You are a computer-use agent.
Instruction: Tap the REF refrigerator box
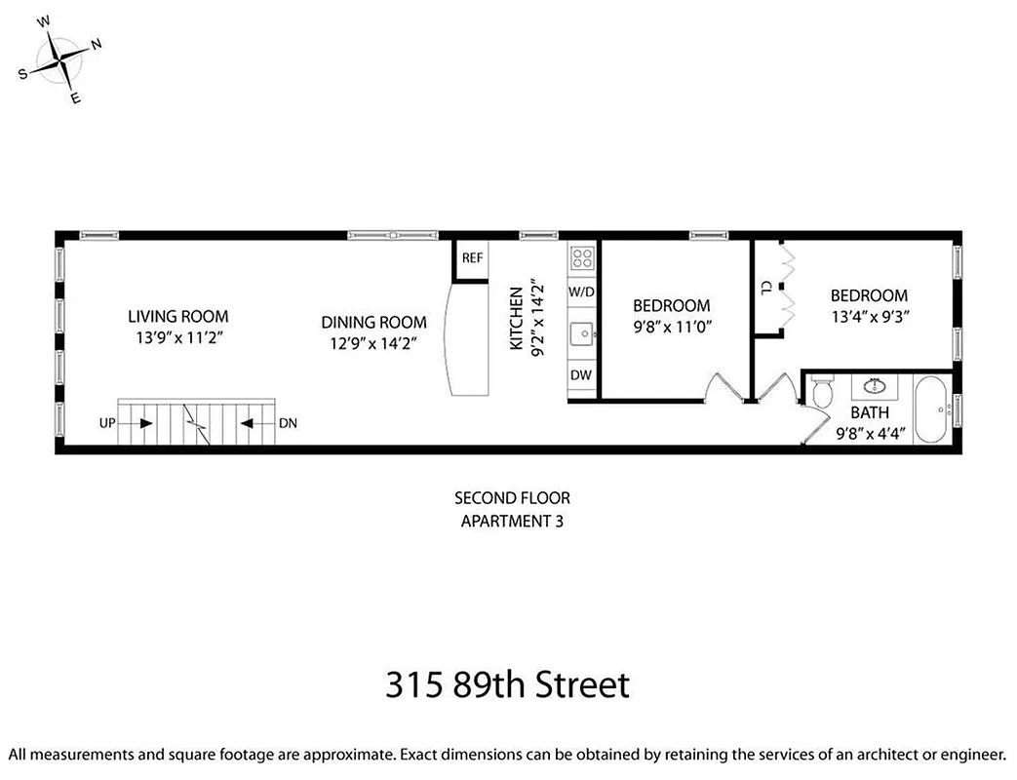pyautogui.click(x=472, y=258)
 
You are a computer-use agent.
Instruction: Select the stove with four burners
pyautogui.click(x=582, y=257)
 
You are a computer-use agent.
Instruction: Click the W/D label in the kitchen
pyautogui.click(x=582, y=292)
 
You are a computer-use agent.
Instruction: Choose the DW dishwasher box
pyautogui.click(x=582, y=375)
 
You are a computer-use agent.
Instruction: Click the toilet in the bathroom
pyautogui.click(x=822, y=392)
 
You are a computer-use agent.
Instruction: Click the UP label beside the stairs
pyautogui.click(x=108, y=424)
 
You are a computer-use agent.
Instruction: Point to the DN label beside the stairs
pyautogui.click(x=289, y=424)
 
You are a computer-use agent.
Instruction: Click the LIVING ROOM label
pyautogui.click(x=178, y=316)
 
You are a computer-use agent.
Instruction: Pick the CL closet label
pyautogui.click(x=767, y=288)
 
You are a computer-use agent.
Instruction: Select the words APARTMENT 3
pyautogui.click(x=511, y=521)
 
